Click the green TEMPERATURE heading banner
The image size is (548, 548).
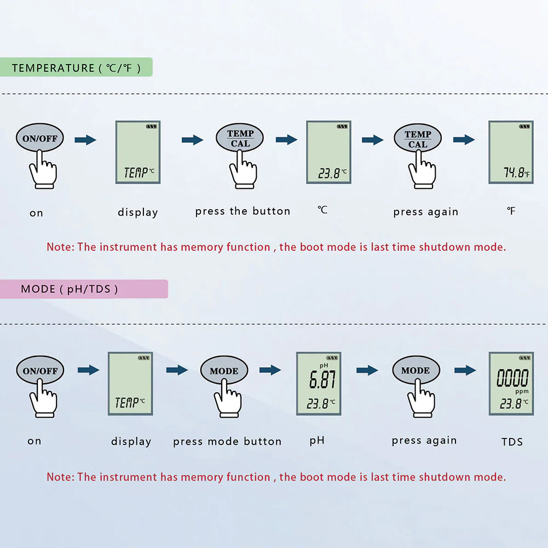click(x=76, y=67)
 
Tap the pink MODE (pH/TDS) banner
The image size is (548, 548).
click(x=84, y=289)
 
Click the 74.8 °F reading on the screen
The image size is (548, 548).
click(x=516, y=172)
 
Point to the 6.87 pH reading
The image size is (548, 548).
click(x=322, y=379)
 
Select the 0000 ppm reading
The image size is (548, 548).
click(x=512, y=378)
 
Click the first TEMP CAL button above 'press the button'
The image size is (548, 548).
click(x=240, y=138)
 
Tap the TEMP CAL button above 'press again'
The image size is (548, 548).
click(x=418, y=138)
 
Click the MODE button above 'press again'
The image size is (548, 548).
click(x=416, y=370)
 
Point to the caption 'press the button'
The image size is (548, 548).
click(x=243, y=211)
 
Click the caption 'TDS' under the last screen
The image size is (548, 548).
click(x=512, y=442)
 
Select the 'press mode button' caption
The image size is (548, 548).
click(x=227, y=441)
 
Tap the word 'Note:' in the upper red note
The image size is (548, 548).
click(x=60, y=247)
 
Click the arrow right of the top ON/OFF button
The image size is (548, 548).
click(x=85, y=140)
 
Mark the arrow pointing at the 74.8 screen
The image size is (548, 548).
click(x=464, y=140)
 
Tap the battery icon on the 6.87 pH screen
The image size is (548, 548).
click(x=332, y=358)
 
